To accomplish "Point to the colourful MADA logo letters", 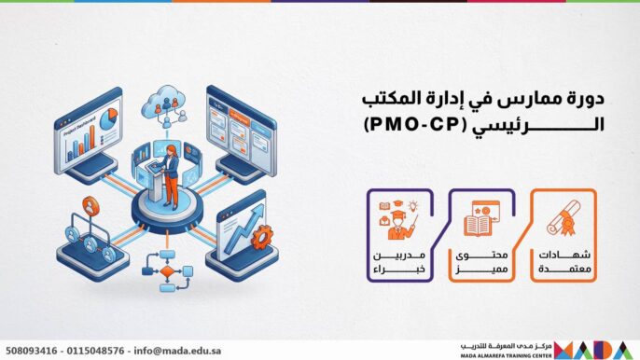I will click(597, 348).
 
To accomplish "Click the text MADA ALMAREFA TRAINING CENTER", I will click(505, 354).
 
